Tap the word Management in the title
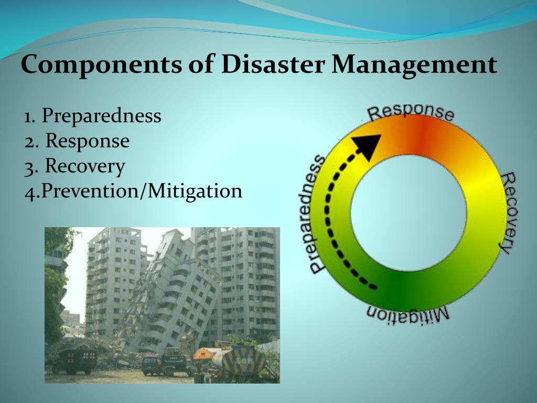(x=414, y=66)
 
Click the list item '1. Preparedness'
(x=92, y=115)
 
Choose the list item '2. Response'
(x=77, y=141)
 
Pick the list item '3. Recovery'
(x=74, y=166)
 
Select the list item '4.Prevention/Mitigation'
(x=133, y=191)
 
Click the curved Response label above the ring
(x=410, y=112)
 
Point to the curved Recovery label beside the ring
(x=507, y=213)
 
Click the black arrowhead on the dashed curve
(x=368, y=145)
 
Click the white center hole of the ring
(x=409, y=213)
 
